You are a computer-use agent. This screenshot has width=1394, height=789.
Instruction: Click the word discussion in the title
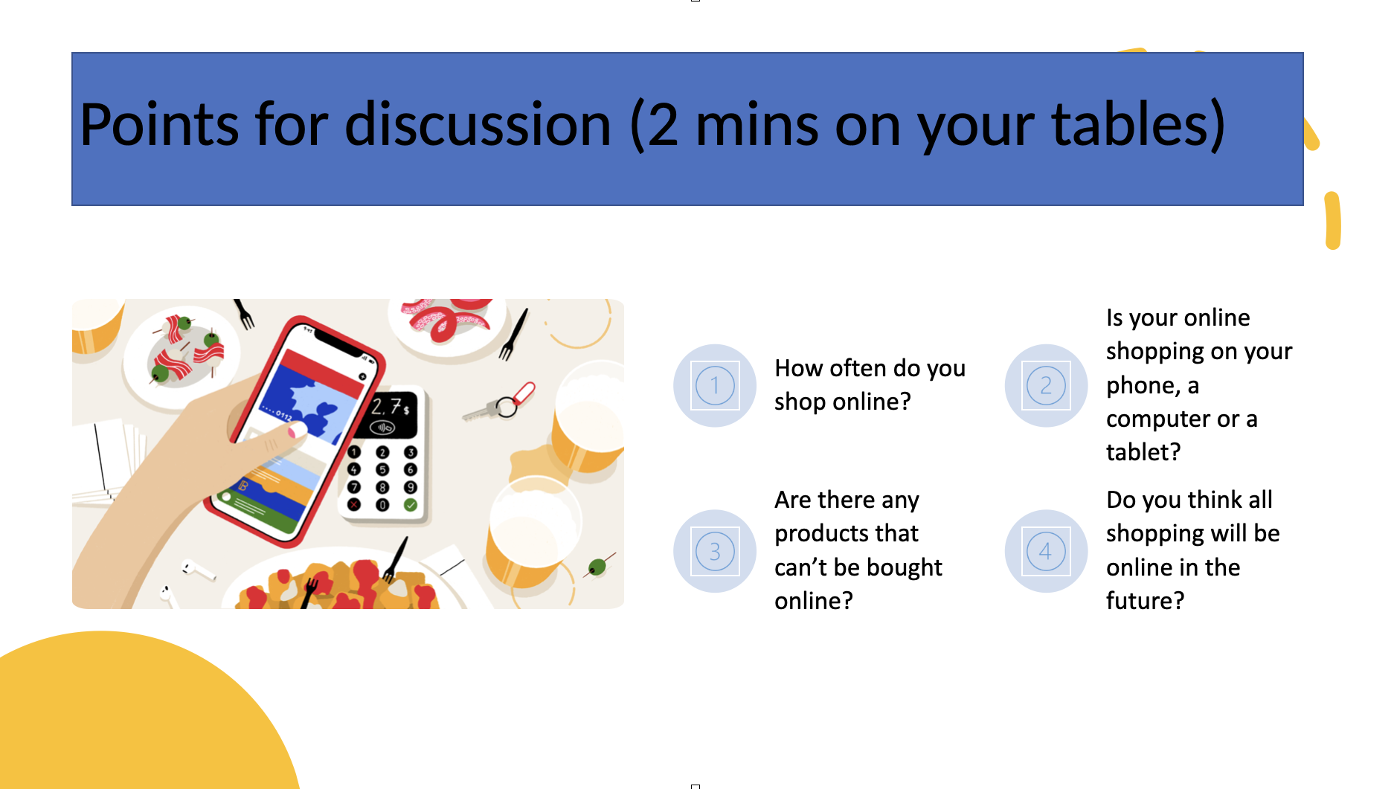[478, 124]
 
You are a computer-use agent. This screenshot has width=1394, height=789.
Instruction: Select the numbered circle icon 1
[715, 385]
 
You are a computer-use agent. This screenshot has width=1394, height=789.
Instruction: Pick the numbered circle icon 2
[1046, 385]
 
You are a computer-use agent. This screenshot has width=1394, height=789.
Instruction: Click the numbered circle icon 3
[715, 551]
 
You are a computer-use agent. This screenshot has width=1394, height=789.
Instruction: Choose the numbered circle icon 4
[1046, 551]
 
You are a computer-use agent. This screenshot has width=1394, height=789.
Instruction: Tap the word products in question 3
[847, 534]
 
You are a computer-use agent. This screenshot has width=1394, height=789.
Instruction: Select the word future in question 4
[1138, 600]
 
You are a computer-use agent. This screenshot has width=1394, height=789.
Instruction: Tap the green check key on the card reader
[410, 505]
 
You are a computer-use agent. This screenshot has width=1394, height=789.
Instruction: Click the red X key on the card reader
[354, 504]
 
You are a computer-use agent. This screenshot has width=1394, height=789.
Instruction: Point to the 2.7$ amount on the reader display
[391, 407]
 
